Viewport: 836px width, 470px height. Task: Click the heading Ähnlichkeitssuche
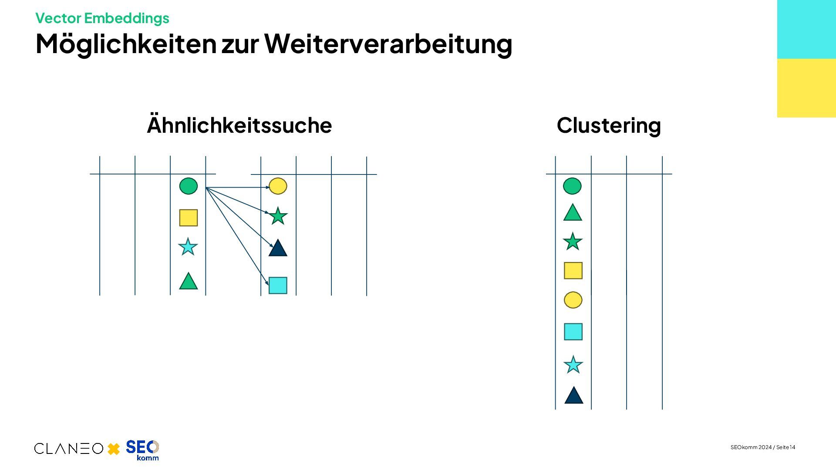pyautogui.click(x=239, y=125)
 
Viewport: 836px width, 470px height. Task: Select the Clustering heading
pyautogui.click(x=609, y=125)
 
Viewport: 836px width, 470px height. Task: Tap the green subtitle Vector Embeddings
pyautogui.click(x=102, y=18)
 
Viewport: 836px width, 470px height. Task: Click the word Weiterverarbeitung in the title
pyautogui.click(x=388, y=44)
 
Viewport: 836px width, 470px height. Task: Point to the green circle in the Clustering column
pyautogui.click(x=572, y=186)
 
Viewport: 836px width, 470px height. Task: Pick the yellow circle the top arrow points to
pyautogui.click(x=278, y=186)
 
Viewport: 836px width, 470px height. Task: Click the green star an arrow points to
pyautogui.click(x=278, y=216)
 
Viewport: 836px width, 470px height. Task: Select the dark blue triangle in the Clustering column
pyautogui.click(x=573, y=396)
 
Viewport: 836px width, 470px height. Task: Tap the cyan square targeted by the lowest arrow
pyautogui.click(x=278, y=285)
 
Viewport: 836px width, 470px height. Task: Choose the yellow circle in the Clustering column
pyautogui.click(x=573, y=300)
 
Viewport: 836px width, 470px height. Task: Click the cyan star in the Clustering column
pyautogui.click(x=573, y=365)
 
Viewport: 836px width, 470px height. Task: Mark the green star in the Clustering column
pyautogui.click(x=573, y=242)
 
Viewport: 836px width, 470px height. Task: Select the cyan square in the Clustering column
pyautogui.click(x=573, y=332)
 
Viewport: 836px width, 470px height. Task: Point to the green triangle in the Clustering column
pyautogui.click(x=573, y=213)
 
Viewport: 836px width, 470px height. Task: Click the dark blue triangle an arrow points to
pyautogui.click(x=278, y=248)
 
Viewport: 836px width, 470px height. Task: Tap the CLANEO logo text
pyautogui.click(x=69, y=448)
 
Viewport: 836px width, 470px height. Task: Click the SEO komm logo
pyautogui.click(x=142, y=450)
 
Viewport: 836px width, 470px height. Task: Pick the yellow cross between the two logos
pyautogui.click(x=114, y=449)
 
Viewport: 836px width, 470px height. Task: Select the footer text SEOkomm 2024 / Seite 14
pyautogui.click(x=763, y=447)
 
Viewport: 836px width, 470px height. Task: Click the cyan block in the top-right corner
pyautogui.click(x=806, y=29)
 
